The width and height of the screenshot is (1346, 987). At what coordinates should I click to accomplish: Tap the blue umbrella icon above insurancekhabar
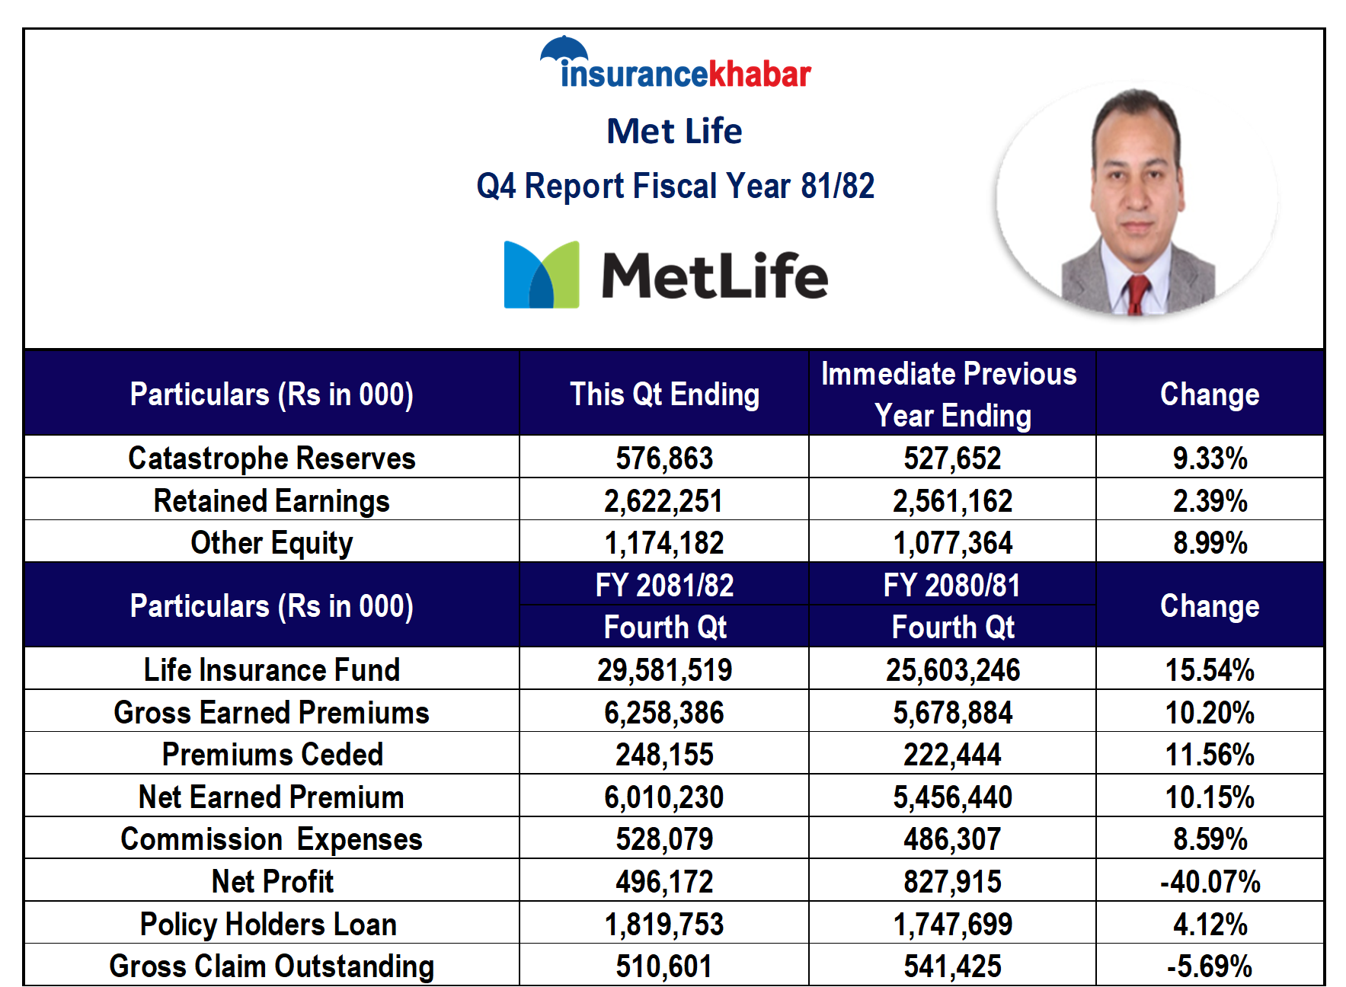564,49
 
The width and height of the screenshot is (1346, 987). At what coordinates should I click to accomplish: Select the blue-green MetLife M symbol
542,275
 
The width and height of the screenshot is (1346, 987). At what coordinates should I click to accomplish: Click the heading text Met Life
674,131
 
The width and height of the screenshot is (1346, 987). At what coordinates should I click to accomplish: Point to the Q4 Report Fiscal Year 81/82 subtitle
675,186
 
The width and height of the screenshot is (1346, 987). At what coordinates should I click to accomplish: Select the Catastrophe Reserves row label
272,458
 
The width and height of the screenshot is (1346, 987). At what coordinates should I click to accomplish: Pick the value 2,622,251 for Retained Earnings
663,501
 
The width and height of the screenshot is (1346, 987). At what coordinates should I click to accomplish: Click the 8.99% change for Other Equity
1210,543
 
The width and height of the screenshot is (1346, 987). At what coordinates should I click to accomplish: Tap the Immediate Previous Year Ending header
951,394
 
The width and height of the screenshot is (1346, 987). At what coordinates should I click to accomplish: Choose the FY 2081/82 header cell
664,586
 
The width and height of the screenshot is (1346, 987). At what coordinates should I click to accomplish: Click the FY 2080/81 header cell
951,586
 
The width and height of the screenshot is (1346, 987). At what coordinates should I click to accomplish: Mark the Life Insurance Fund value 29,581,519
664,670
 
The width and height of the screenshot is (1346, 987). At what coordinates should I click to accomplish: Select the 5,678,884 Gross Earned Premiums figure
952,713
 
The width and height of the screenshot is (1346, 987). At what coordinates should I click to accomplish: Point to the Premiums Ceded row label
272,755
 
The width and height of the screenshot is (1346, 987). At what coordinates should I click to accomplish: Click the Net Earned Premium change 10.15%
1210,797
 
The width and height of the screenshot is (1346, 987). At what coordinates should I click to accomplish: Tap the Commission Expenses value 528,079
664,839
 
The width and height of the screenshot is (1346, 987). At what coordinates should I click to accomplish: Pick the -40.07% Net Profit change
1210,882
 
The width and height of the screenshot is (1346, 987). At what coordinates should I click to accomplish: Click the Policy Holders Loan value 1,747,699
952,925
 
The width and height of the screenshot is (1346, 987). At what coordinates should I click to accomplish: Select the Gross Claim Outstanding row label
272,966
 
